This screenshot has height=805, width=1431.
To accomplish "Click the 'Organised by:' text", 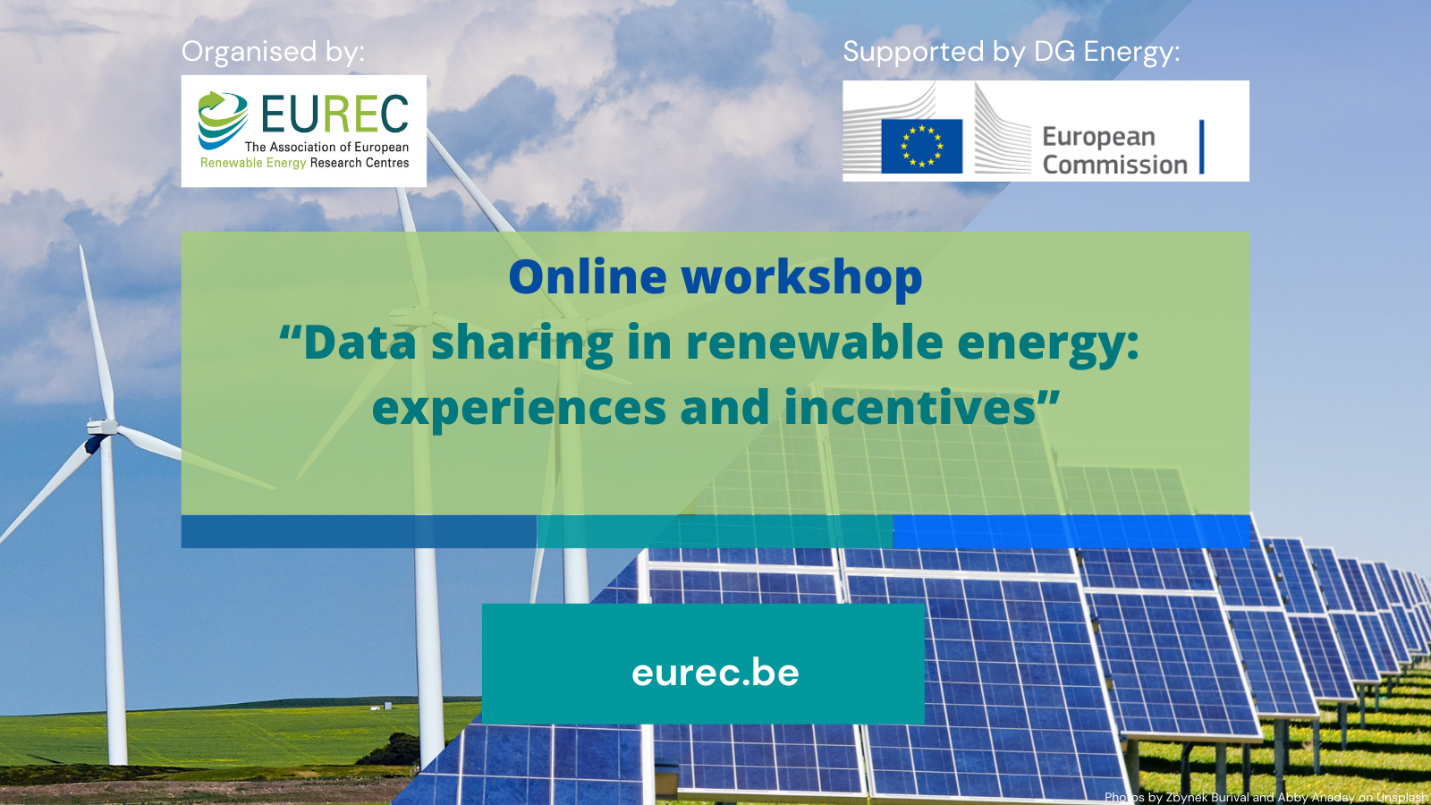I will tap(273, 52).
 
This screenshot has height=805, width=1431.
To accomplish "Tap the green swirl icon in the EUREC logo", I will tap(222, 119).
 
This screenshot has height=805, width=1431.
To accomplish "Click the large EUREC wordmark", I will tap(334, 114).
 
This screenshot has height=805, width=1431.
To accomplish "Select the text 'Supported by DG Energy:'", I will tap(1011, 52).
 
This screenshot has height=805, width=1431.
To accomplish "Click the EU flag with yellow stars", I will tap(921, 146).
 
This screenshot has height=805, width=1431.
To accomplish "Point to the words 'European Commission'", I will tap(1114, 150).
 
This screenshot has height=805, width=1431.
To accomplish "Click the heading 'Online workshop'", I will tap(715, 276).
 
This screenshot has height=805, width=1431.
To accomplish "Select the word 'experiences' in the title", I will tap(519, 408).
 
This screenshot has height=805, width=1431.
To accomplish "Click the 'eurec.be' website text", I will tap(715, 673).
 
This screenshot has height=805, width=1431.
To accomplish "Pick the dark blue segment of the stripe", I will tap(359, 531).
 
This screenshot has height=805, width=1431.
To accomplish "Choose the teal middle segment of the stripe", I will tap(715, 531).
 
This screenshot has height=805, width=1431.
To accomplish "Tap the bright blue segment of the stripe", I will tap(1071, 531).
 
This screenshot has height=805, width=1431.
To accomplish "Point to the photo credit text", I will tap(1266, 797).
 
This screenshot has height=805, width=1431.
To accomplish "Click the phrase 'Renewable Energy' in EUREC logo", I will tap(253, 163).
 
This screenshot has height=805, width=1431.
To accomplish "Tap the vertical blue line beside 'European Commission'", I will tap(1201, 147).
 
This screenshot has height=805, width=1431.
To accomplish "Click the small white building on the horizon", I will tap(386, 707).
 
